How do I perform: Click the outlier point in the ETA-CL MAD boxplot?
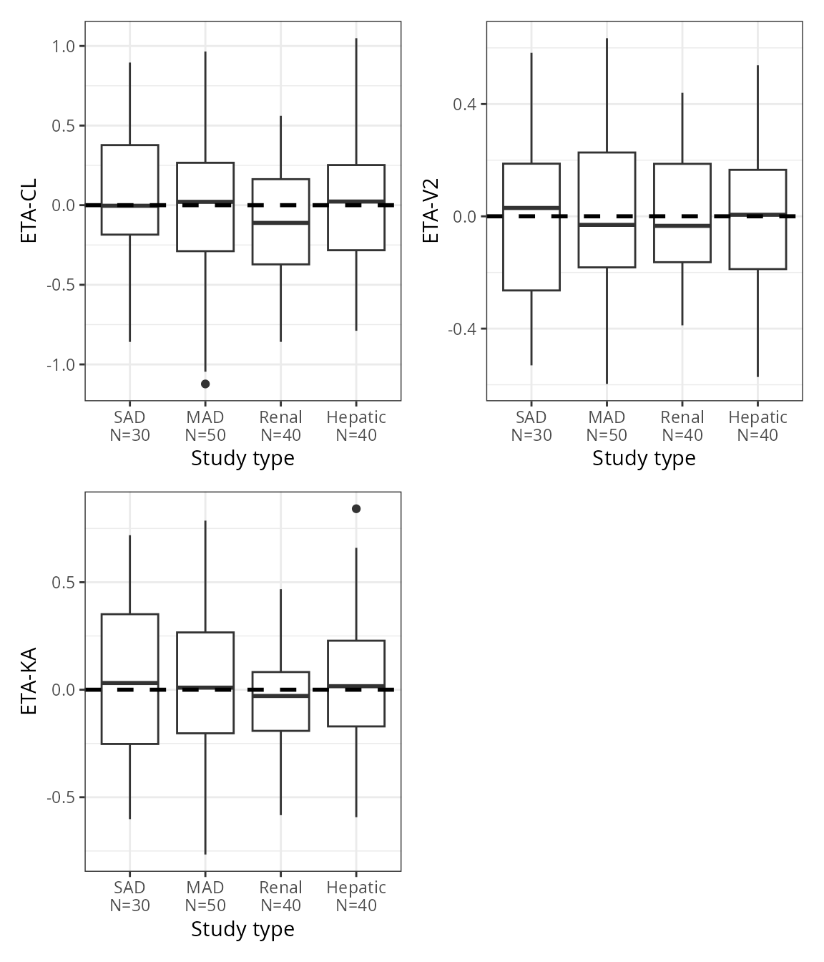[205, 384]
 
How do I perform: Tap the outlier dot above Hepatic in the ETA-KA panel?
[356, 509]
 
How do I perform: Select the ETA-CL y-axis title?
[29, 210]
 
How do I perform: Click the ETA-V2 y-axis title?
[431, 210]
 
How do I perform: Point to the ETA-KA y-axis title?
[29, 681]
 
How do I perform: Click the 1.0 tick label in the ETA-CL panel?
[64, 47]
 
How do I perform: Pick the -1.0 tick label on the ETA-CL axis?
[61, 365]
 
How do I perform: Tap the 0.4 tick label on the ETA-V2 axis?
[465, 105]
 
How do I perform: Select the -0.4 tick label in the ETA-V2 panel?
[462, 329]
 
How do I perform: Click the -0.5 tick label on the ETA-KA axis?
[61, 797]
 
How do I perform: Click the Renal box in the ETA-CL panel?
[281, 243]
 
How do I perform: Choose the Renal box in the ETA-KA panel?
[281, 712]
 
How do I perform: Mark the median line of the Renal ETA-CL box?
[281, 223]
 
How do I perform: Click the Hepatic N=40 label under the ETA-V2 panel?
[757, 426]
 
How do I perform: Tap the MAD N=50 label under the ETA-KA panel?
[205, 896]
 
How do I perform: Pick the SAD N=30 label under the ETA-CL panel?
[130, 426]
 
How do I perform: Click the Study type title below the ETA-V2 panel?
[644, 458]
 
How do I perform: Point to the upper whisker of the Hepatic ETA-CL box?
[356, 100]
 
